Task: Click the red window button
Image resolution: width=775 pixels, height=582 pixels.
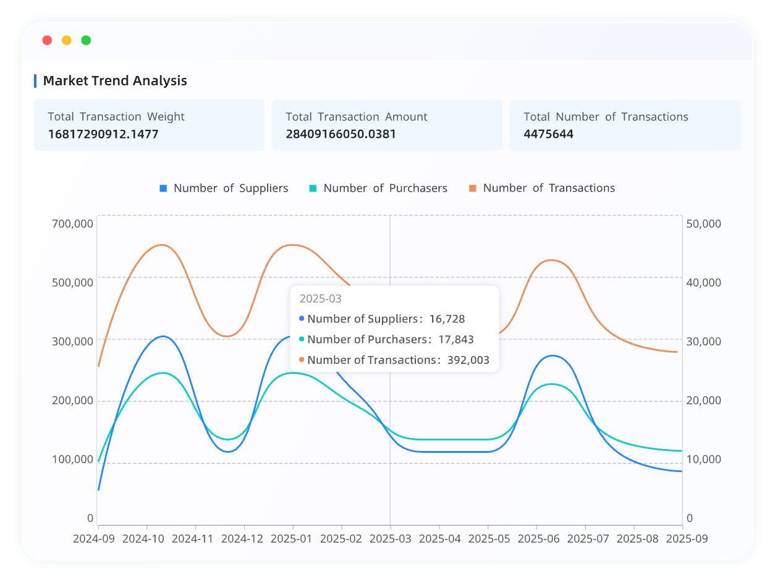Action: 47,40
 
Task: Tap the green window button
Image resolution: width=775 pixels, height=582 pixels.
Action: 86,40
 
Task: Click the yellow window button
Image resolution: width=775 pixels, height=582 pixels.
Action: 67,40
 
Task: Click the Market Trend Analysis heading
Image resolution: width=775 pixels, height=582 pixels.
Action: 115,80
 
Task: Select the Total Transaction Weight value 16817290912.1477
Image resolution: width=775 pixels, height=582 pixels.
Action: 103,133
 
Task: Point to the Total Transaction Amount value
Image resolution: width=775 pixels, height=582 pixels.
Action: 341,133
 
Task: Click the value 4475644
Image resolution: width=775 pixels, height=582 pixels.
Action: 548,133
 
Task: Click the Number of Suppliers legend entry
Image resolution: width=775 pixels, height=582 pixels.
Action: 224,188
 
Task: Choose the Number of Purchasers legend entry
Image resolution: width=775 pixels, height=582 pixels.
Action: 378,188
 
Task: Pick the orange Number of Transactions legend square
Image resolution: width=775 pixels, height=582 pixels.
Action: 473,188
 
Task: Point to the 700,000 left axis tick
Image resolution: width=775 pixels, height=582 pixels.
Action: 73,223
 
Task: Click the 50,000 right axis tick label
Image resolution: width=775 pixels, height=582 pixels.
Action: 704,223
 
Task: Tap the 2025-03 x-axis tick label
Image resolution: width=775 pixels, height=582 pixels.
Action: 390,538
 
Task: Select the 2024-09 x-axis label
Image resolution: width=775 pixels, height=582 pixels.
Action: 94,538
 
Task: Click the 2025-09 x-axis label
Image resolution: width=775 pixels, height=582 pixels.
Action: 686,538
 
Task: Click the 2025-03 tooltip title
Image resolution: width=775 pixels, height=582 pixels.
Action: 320,298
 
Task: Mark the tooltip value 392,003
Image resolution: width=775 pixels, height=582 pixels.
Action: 468,360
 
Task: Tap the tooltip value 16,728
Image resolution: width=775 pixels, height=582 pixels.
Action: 447,319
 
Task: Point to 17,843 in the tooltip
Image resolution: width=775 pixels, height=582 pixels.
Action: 456,339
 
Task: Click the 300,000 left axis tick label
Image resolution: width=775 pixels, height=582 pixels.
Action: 73,341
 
